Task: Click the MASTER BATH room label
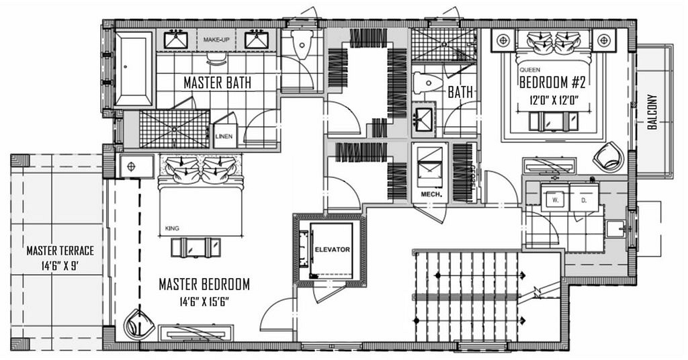click(217, 83)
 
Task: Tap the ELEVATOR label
click(332, 249)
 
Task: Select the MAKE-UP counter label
click(216, 40)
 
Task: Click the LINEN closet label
click(224, 136)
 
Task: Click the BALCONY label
click(652, 111)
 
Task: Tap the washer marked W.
click(555, 199)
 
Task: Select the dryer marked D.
click(584, 199)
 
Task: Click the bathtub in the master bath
click(134, 69)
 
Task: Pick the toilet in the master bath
click(301, 44)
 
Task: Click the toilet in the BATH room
click(427, 83)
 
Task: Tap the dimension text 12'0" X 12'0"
click(554, 100)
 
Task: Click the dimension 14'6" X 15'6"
click(204, 302)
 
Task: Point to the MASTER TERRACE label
click(60, 251)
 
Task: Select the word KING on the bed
click(172, 228)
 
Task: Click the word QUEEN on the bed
click(529, 70)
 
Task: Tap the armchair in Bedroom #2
click(609, 156)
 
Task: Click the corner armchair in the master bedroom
click(139, 325)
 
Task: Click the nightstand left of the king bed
click(136, 166)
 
